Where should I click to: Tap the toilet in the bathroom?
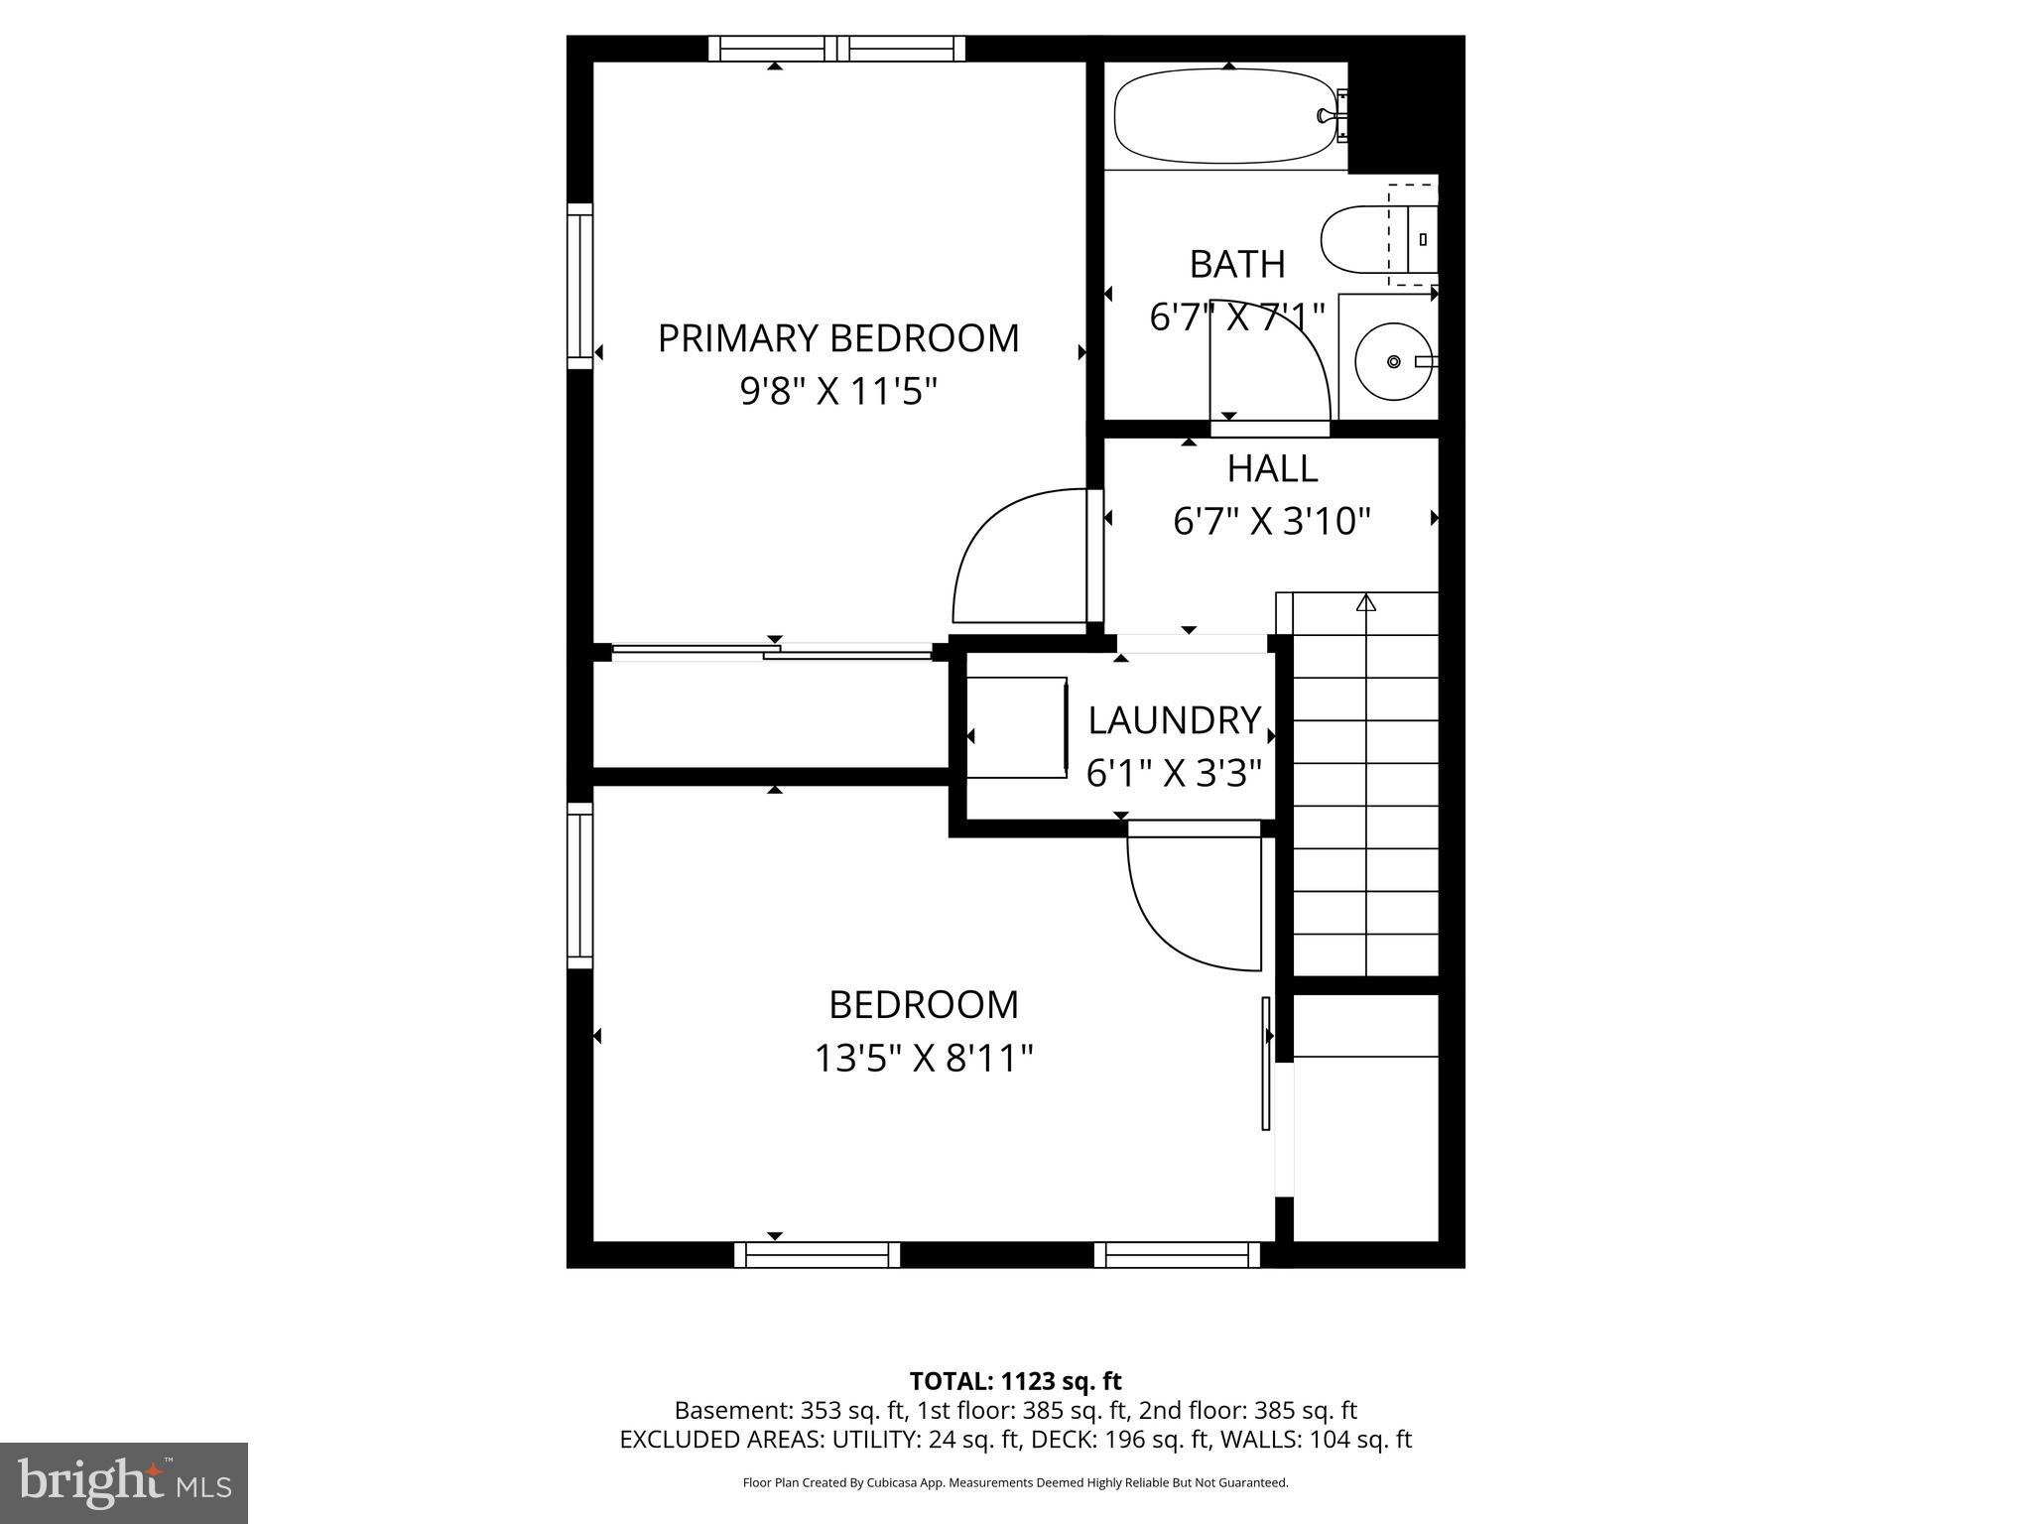tap(1378, 239)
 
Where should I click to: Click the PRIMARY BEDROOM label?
tap(838, 338)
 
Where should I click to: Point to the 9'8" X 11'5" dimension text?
tap(838, 392)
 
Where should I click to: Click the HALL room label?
tap(1272, 468)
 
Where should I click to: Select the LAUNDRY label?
tap(1175, 720)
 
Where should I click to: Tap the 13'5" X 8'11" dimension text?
tap(924, 1059)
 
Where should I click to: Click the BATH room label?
tap(1237, 264)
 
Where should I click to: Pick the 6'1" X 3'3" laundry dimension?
tap(1175, 773)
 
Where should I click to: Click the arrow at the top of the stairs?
tap(1366, 601)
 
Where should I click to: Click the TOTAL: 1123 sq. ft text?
tap(1015, 1381)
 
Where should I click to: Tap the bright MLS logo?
tap(124, 1482)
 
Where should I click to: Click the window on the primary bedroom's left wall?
tap(579, 286)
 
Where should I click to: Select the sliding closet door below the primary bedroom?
tap(773, 652)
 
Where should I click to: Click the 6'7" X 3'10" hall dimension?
tap(1272, 521)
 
